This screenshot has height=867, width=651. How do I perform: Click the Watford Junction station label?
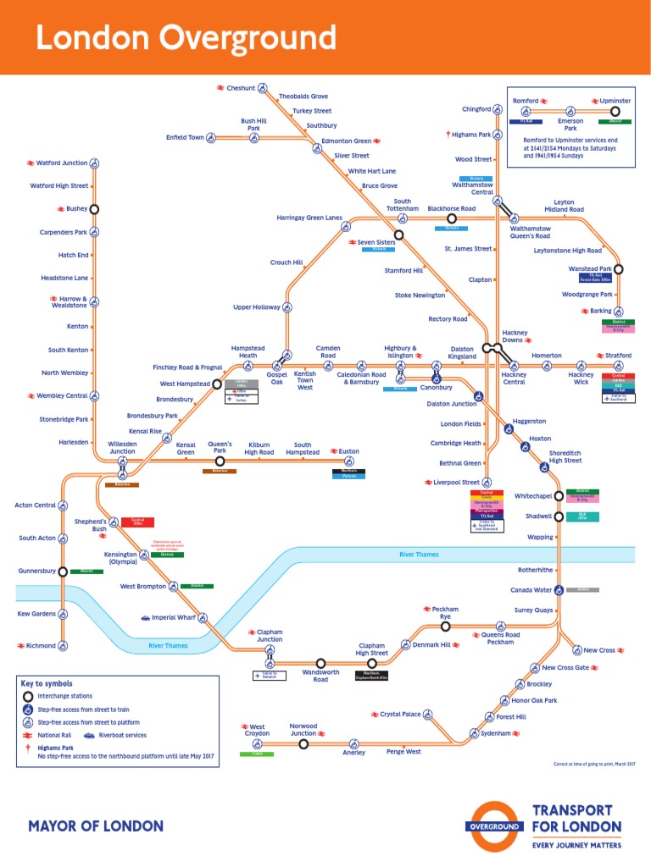pyautogui.click(x=61, y=163)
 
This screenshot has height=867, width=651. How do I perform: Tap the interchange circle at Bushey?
pyautogui.click(x=95, y=208)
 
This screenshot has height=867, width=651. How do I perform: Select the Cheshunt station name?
pyautogui.click(x=241, y=88)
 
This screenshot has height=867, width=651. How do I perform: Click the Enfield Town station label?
pyautogui.click(x=185, y=137)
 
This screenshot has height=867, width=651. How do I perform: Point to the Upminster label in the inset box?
pyautogui.click(x=615, y=101)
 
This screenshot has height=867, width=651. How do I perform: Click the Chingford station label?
pyautogui.click(x=476, y=109)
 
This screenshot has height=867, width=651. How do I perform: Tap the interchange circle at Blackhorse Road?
pyautogui.click(x=452, y=218)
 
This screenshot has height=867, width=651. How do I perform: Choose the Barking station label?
pyautogui.click(x=600, y=312)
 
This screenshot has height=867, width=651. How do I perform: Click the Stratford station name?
pyautogui.click(x=618, y=356)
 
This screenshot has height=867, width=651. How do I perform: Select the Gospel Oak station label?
pyautogui.click(x=276, y=378)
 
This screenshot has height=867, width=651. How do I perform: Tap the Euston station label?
pyautogui.click(x=348, y=451)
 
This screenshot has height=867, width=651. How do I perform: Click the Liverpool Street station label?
pyautogui.click(x=457, y=482)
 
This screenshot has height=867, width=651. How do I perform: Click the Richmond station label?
pyautogui.click(x=41, y=645)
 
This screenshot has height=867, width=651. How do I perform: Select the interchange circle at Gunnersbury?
pyautogui.click(x=63, y=572)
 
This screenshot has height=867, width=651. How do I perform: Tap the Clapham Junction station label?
pyautogui.click(x=270, y=636)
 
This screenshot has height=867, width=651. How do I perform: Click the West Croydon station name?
pyautogui.click(x=257, y=731)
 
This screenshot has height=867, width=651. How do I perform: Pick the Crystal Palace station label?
pyautogui.click(x=400, y=715)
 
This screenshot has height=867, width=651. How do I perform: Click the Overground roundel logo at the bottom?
pyautogui.click(x=494, y=825)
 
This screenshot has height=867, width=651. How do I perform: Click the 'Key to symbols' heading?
pyautogui.click(x=47, y=683)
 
